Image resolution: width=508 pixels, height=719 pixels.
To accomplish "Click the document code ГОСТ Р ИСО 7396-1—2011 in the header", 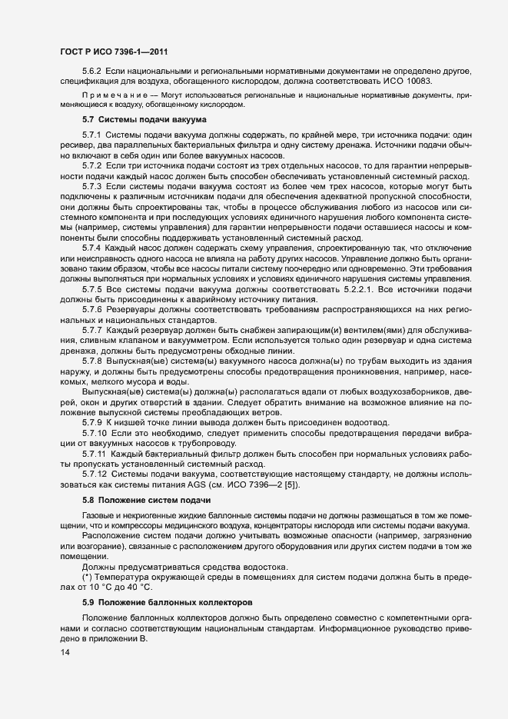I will pos(115,52).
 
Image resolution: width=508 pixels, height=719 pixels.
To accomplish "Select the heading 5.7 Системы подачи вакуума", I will pos(141,120).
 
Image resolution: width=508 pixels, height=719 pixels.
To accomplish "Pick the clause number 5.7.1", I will pos(93,135).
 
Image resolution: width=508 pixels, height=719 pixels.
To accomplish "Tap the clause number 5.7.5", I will pos(93,288).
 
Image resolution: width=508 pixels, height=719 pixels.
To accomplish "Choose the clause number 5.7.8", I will pos(93,359).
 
